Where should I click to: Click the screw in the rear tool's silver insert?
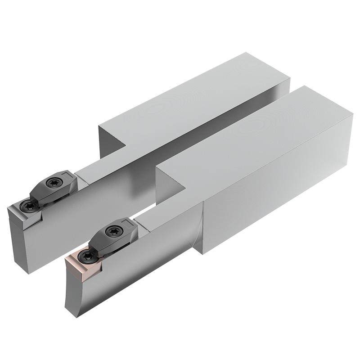click(29, 206)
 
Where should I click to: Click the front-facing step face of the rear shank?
click(112, 144)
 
